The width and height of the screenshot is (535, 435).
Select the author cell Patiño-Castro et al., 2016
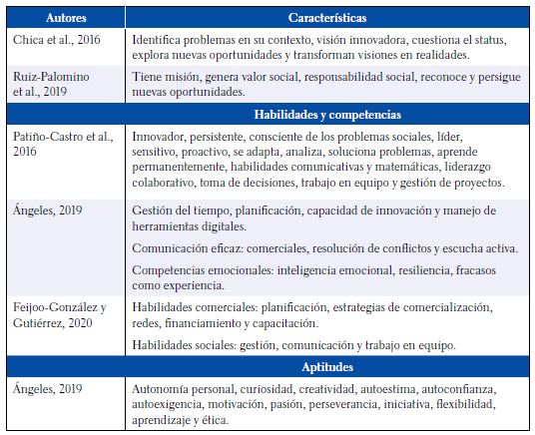pos(63,141)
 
